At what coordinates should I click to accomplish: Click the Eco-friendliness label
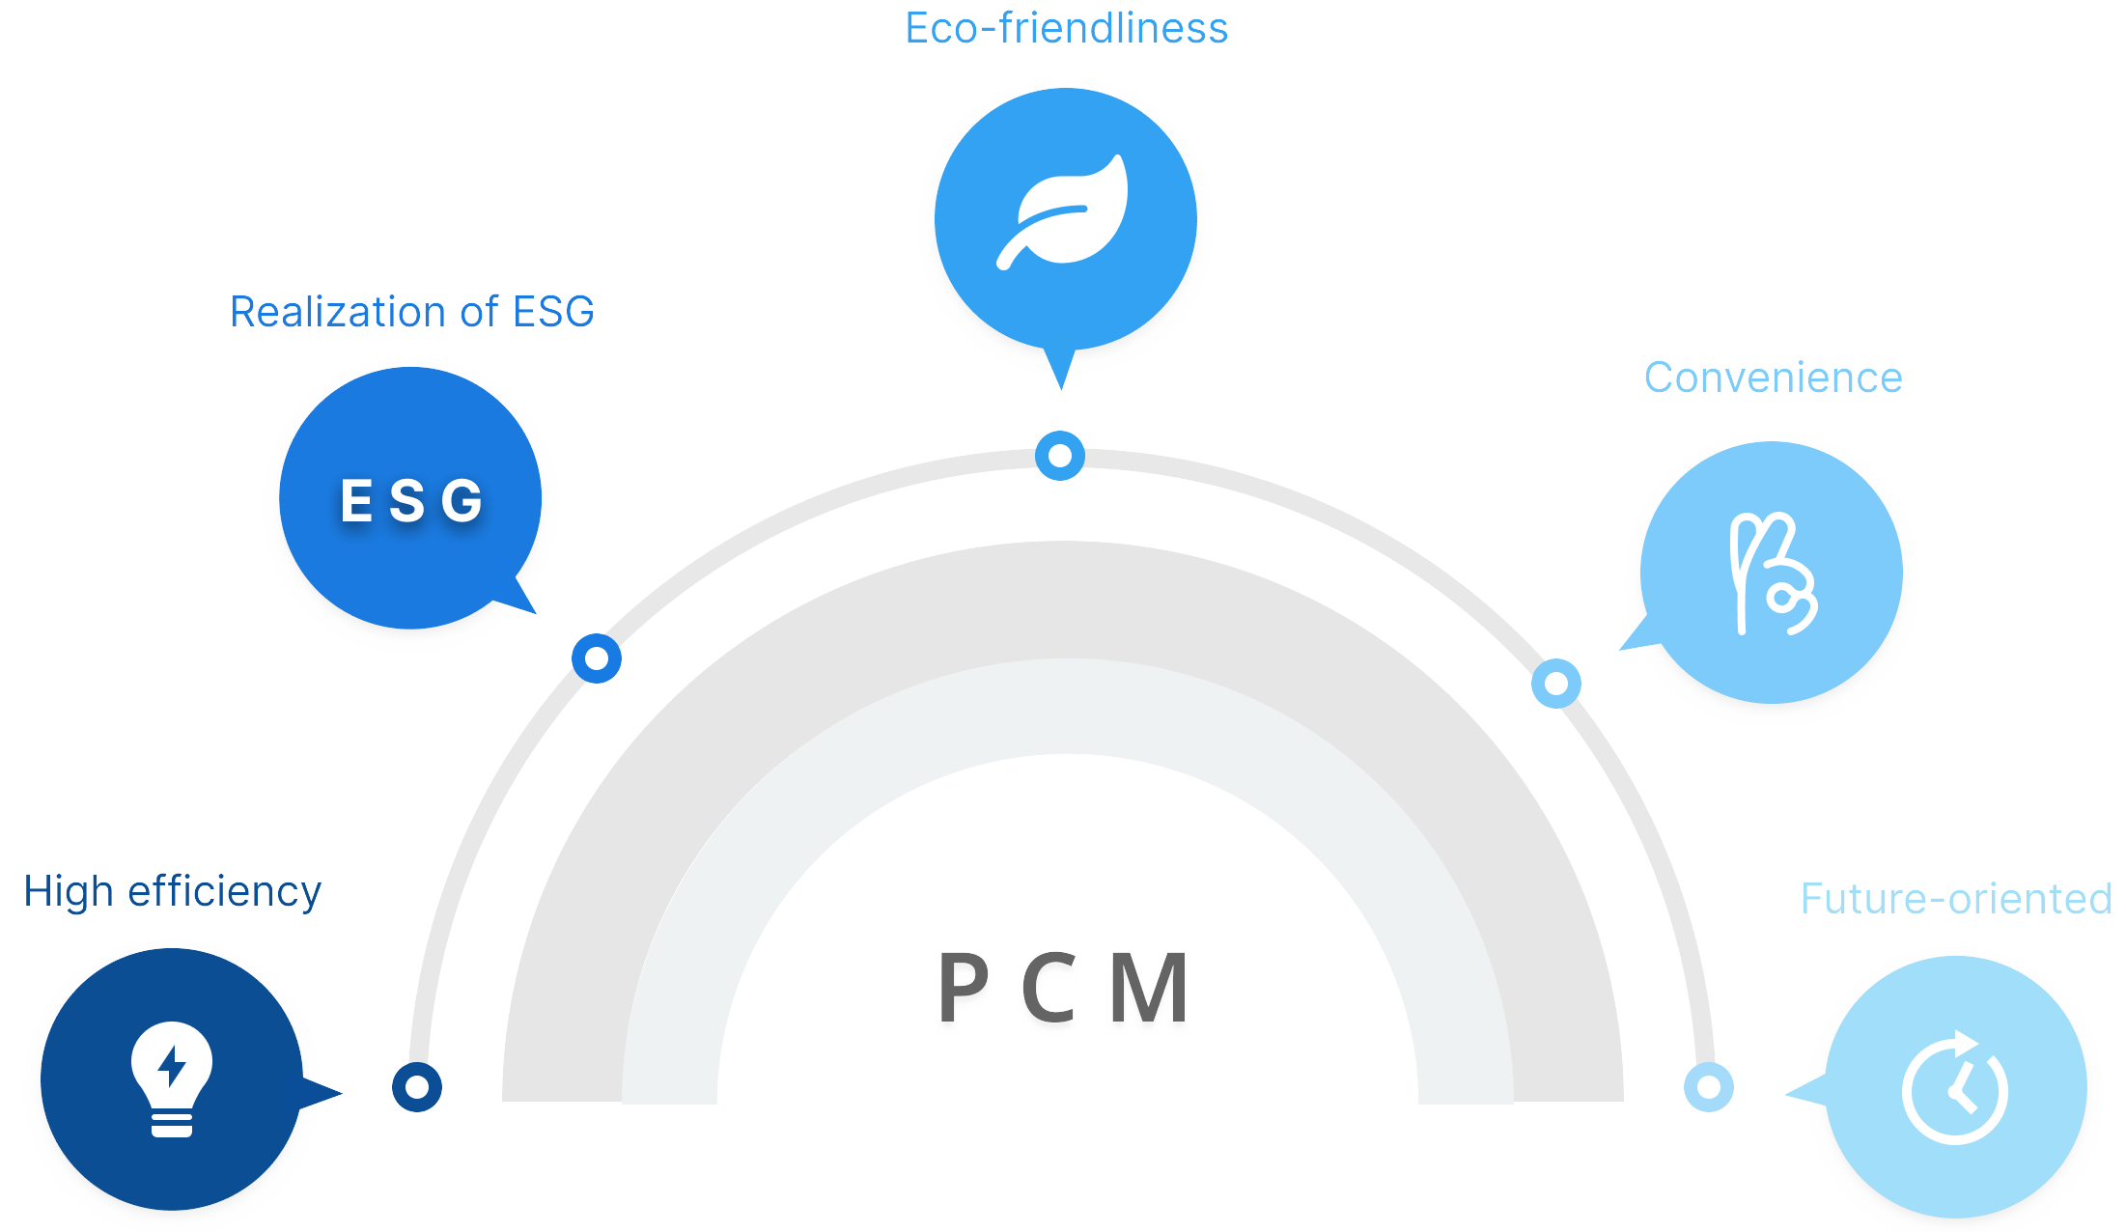tap(1066, 29)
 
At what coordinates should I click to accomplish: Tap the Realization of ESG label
tap(411, 312)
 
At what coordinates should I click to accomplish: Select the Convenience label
tap(1773, 378)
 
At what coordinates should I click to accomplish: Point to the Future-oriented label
tap(1956, 899)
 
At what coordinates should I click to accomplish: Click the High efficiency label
tap(172, 891)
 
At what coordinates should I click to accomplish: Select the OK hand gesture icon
tap(1773, 574)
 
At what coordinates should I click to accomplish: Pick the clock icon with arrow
tap(1956, 1088)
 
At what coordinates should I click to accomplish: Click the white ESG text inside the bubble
tap(411, 500)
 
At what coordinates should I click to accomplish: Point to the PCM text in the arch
tap(1063, 987)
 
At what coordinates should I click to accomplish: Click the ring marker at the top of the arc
tap(1060, 456)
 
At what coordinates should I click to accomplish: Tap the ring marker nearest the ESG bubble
tap(597, 658)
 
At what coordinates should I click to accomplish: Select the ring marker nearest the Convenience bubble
tap(1556, 684)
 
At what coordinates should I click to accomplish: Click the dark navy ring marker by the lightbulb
tap(417, 1087)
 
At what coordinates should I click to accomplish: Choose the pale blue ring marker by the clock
tap(1709, 1087)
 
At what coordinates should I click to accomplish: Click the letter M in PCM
tap(1149, 987)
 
